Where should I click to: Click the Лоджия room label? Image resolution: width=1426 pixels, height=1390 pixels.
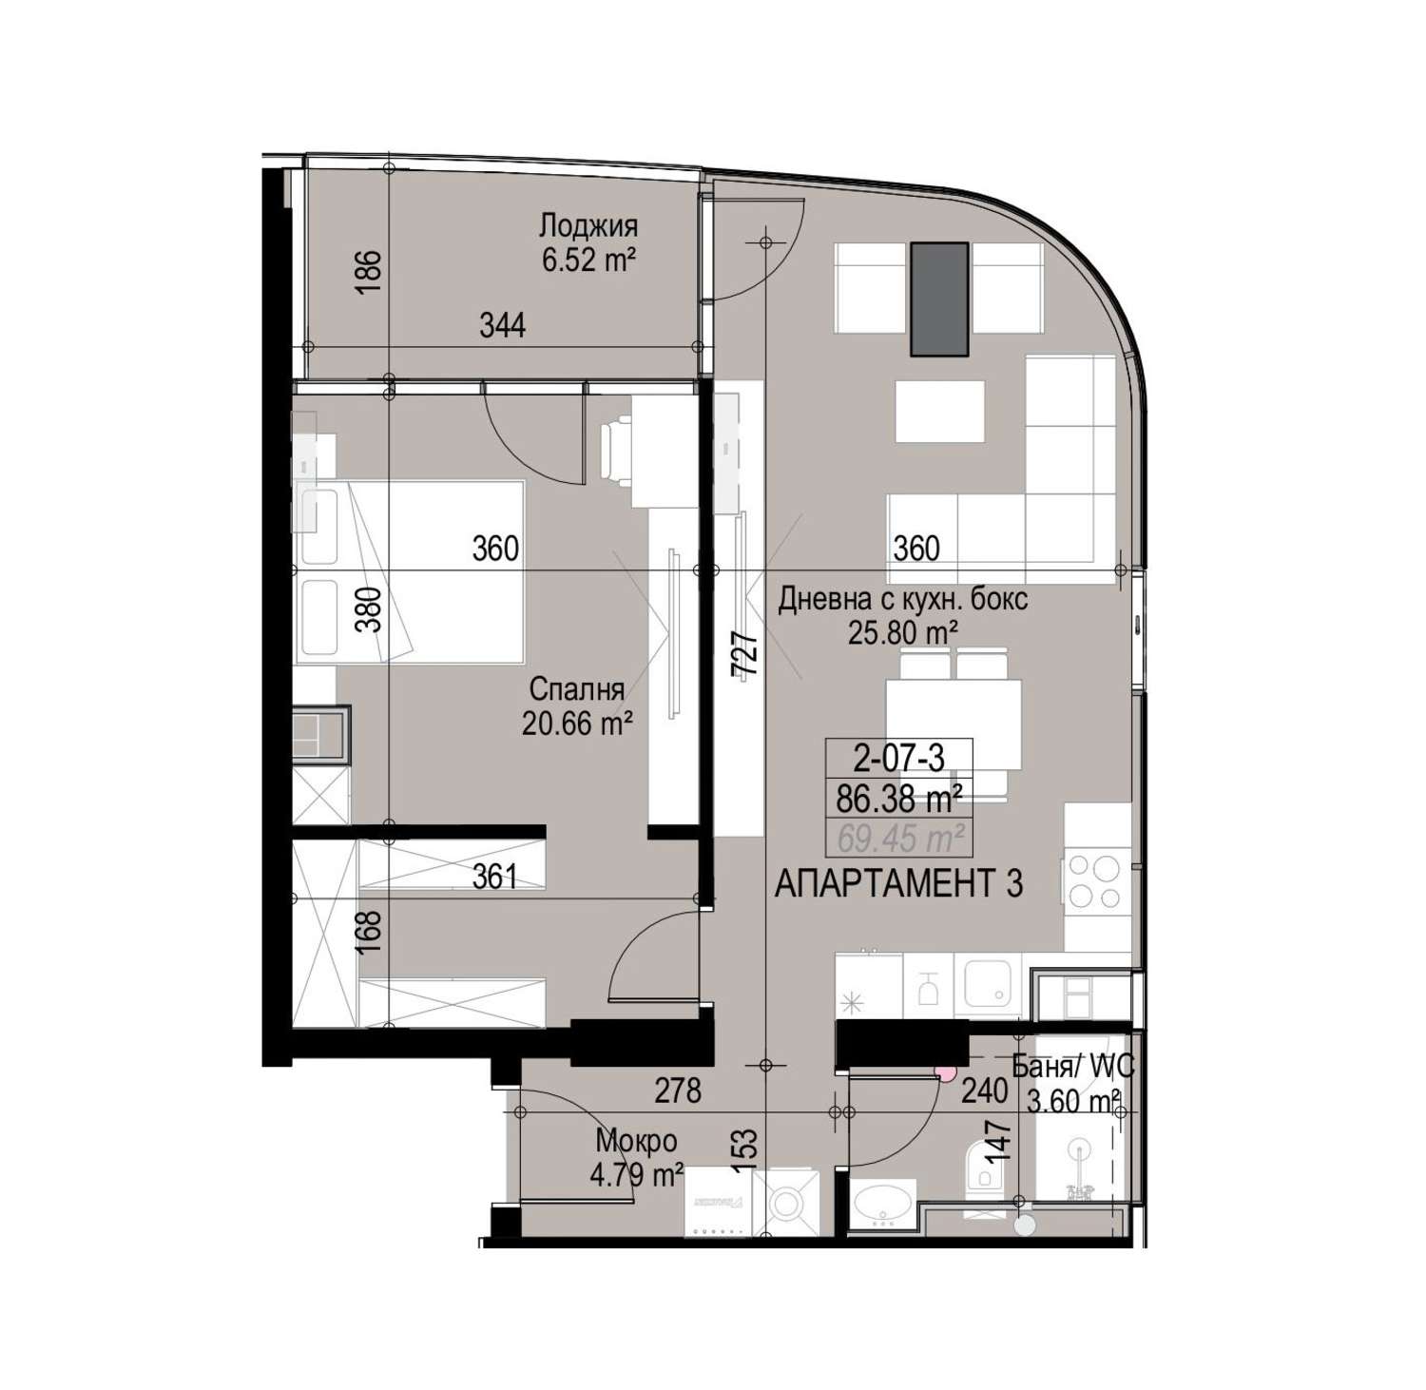point(588,226)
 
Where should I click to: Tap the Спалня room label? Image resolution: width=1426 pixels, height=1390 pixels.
point(577,689)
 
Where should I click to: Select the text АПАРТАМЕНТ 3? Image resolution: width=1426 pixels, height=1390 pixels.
point(899,884)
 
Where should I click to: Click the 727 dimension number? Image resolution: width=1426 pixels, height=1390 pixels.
point(747,654)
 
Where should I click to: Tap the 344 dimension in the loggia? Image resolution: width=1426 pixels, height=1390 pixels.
point(502,326)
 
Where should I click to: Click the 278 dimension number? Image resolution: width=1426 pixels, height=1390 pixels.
point(678,1090)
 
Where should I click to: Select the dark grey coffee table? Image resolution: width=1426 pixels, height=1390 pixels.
point(940,299)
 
